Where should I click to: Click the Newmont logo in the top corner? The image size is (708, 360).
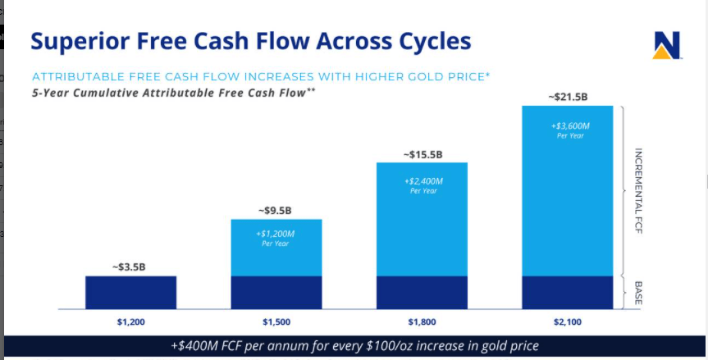667,45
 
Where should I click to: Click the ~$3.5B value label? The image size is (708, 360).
130,267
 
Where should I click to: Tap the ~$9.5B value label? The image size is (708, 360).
276,210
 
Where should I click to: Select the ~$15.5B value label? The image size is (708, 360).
422,153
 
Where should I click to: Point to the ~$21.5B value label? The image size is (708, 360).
567,97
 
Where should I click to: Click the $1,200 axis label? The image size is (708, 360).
130,322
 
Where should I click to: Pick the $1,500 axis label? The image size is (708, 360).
276,322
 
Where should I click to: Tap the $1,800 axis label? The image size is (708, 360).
422,322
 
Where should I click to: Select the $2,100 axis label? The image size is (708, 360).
567,322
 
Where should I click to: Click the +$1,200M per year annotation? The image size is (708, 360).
276,237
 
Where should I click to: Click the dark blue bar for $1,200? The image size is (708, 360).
130,292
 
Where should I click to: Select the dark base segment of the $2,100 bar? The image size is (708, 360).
567,292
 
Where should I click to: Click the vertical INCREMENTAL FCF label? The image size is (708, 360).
638,191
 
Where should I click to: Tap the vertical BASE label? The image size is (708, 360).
638,293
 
